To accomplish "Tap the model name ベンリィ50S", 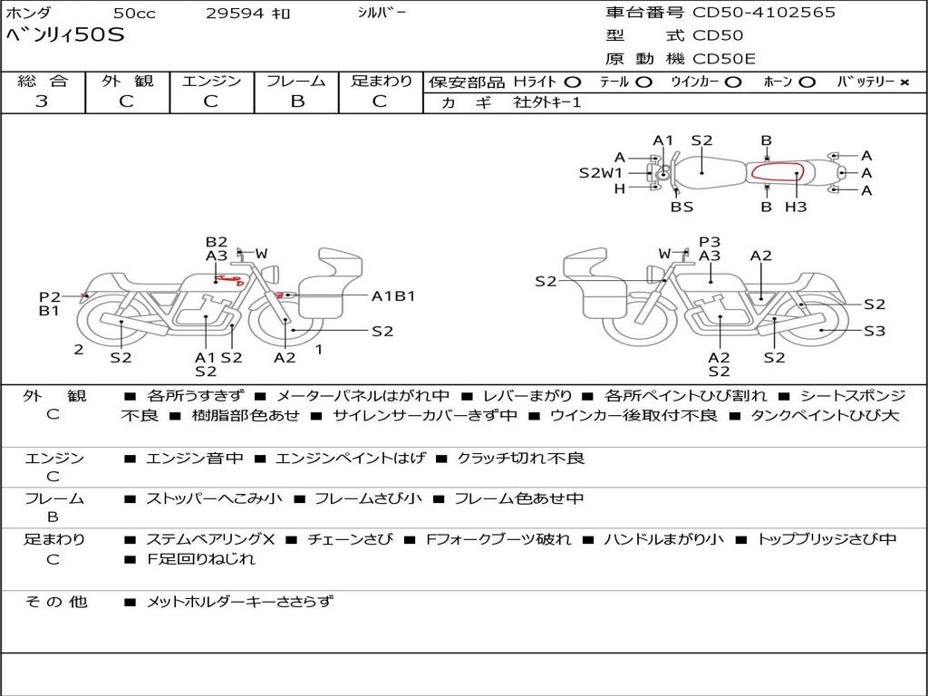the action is (x=65, y=36).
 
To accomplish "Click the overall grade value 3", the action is (x=42, y=101).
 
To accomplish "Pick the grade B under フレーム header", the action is (x=296, y=101).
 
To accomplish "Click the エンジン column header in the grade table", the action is (x=211, y=81).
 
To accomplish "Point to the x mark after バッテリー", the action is (x=904, y=82).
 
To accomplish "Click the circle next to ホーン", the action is (x=807, y=82).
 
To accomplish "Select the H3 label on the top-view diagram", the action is (x=795, y=207).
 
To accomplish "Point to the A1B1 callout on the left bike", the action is (x=392, y=295).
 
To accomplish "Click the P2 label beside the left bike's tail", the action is (x=49, y=296).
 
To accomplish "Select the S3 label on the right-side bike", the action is (x=874, y=331).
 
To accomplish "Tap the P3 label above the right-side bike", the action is (x=710, y=241).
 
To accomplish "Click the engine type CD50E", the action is (x=725, y=59).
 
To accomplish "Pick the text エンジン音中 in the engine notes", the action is (x=195, y=458).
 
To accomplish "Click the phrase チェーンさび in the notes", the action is (x=350, y=539).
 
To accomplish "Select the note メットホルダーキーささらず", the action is (x=239, y=601).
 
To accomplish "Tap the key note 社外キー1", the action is (x=547, y=102).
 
